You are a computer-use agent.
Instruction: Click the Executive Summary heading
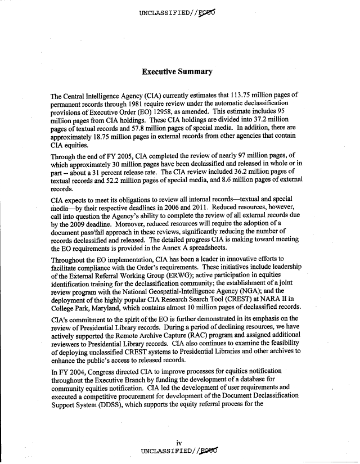(177, 72)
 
